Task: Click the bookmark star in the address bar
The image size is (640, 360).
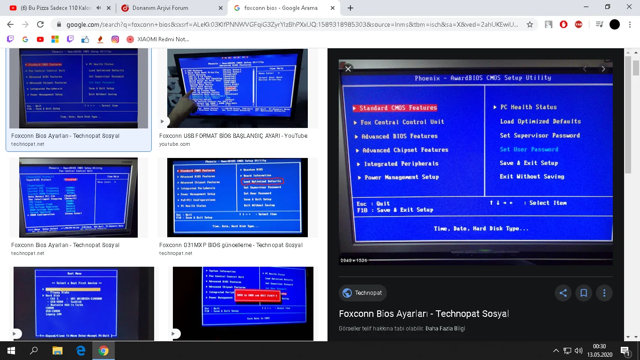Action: (x=530, y=24)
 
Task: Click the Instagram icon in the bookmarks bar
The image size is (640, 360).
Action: (x=115, y=39)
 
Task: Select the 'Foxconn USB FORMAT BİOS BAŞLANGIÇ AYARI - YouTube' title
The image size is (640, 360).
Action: (x=233, y=136)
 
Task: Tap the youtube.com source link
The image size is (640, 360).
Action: (x=175, y=144)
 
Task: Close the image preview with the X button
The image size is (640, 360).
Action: (x=348, y=69)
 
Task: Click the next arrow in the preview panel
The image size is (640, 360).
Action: (x=603, y=69)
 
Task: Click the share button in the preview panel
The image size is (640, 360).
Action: (x=563, y=293)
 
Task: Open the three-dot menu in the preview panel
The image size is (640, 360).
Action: (x=604, y=293)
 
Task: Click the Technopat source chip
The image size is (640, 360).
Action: (x=363, y=293)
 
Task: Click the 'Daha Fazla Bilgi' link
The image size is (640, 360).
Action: (x=445, y=329)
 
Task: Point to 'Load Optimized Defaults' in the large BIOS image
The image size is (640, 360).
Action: (x=540, y=121)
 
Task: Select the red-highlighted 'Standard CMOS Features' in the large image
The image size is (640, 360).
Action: (x=398, y=108)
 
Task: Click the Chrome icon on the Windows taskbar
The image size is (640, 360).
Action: (x=104, y=351)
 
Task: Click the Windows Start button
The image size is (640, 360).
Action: (x=11, y=351)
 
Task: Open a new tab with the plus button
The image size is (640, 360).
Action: (x=350, y=8)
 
